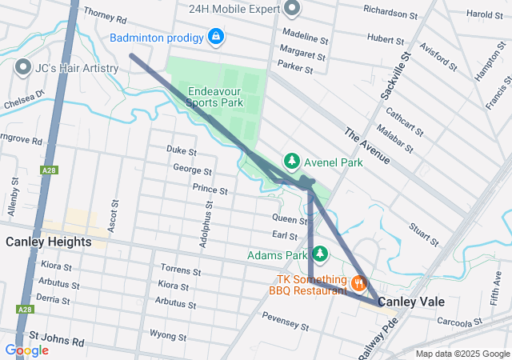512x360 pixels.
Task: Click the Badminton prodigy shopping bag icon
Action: [x=216, y=37]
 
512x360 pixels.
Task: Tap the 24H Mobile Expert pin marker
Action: [x=292, y=10]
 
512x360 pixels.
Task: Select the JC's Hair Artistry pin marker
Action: [x=22, y=68]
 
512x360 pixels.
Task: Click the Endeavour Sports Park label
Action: [x=214, y=97]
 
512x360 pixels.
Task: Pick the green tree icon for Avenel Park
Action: [x=293, y=162]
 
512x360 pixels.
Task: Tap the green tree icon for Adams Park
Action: [x=320, y=254]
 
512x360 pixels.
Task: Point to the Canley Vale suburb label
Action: [x=410, y=302]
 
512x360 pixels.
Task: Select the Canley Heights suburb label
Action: [x=48, y=241]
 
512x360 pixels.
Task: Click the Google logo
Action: [x=26, y=350]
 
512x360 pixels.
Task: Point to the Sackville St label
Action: [x=397, y=77]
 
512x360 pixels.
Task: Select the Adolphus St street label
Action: [x=206, y=226]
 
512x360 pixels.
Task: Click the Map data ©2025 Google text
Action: [x=462, y=354]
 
